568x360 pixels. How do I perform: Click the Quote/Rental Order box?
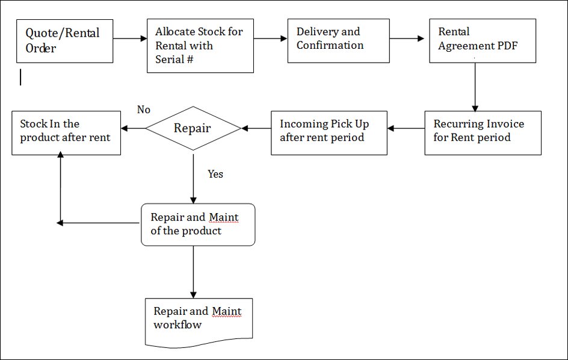click(x=64, y=41)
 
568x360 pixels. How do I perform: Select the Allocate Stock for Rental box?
click(x=200, y=46)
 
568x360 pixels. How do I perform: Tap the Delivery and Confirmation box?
click(x=338, y=41)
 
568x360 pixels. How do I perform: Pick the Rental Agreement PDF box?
click(x=483, y=41)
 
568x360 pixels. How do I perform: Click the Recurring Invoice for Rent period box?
click(x=483, y=133)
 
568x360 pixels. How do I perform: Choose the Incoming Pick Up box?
click(x=329, y=133)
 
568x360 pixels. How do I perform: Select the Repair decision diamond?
click(x=193, y=128)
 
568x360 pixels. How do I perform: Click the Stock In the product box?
click(x=66, y=133)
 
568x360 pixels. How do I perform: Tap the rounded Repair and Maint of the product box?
click(x=198, y=225)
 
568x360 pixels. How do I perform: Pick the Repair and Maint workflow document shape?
click(x=199, y=322)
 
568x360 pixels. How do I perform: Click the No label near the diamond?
click(x=143, y=110)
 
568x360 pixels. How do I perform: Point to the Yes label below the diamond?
click(x=215, y=174)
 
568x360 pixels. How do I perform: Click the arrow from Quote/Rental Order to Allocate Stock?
click(x=130, y=39)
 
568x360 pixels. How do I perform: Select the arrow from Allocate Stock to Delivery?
click(x=270, y=39)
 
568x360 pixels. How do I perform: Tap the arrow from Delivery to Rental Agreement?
click(x=407, y=39)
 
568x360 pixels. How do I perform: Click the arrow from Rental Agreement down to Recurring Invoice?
click(x=475, y=87)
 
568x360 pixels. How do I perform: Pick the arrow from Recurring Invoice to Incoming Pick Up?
click(x=406, y=128)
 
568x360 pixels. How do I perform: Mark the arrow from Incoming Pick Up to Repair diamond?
click(x=256, y=128)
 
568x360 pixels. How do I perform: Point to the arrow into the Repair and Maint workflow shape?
click(x=193, y=272)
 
